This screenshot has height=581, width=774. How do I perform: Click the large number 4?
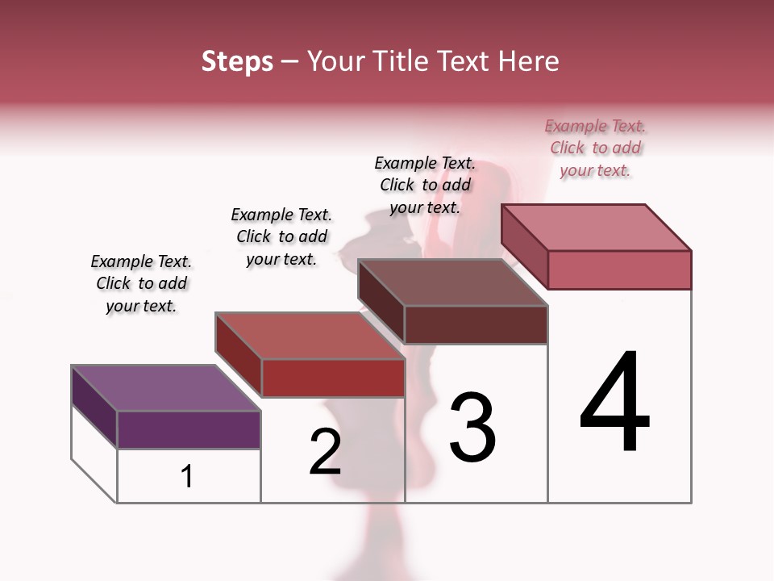[x=614, y=403]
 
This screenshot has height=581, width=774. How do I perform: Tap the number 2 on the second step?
[x=325, y=452]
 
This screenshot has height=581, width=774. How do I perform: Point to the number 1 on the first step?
[x=187, y=477]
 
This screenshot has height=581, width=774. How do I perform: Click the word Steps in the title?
[x=237, y=61]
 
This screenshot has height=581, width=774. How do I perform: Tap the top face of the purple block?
[x=165, y=388]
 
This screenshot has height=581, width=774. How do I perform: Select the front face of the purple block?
[x=189, y=429]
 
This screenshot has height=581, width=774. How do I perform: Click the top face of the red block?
[x=310, y=336]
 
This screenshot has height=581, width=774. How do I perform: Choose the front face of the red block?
[x=333, y=378]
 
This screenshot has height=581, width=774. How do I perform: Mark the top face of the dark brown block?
[x=453, y=282]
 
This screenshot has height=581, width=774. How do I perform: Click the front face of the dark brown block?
[x=476, y=324]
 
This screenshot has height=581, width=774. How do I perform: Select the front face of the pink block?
[x=619, y=270]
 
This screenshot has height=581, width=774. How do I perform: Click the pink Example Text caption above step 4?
[x=595, y=148]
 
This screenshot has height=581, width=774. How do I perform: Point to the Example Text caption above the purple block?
[x=141, y=283]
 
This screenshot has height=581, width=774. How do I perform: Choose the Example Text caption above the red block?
[x=281, y=236]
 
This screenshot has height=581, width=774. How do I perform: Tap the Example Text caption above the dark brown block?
[x=425, y=185]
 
